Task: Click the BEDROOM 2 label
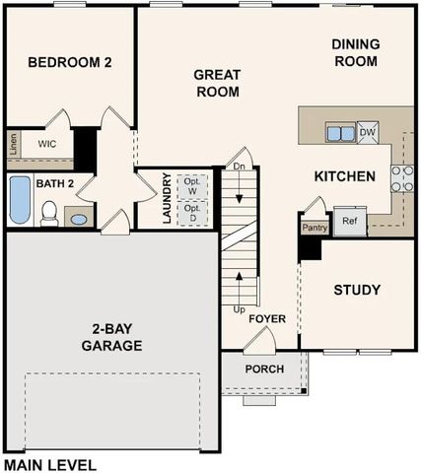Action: (69, 62)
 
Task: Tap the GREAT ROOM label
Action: (218, 83)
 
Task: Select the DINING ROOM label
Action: (355, 52)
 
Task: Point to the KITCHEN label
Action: (344, 177)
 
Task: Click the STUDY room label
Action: (357, 290)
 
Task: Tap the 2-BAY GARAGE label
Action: (111, 338)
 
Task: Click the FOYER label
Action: (267, 319)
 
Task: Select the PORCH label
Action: (264, 370)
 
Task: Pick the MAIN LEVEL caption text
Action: (49, 463)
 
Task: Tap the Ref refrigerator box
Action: (349, 222)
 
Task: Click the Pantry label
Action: (315, 226)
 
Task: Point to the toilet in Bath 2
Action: (49, 212)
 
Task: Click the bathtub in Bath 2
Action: (20, 202)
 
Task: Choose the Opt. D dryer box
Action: (192, 212)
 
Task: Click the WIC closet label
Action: (46, 144)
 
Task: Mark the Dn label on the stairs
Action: (239, 166)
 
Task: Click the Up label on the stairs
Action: (240, 309)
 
